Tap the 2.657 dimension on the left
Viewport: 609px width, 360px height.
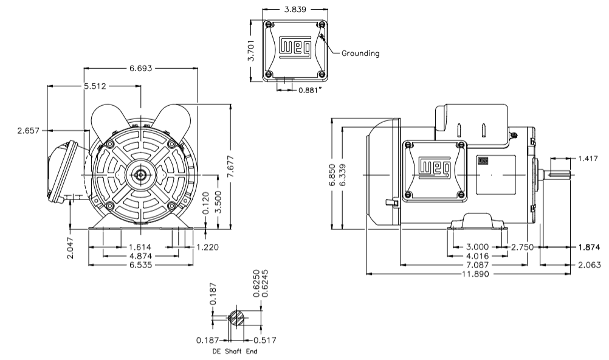tap(29, 130)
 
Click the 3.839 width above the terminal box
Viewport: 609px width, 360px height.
tap(295, 10)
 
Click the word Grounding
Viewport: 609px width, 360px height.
tap(360, 53)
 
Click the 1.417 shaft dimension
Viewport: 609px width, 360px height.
tap(587, 159)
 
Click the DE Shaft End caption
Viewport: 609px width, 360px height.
tap(234, 351)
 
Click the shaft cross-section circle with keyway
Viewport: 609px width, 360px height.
tap(236, 319)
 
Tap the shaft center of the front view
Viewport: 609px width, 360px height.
tap(141, 175)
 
